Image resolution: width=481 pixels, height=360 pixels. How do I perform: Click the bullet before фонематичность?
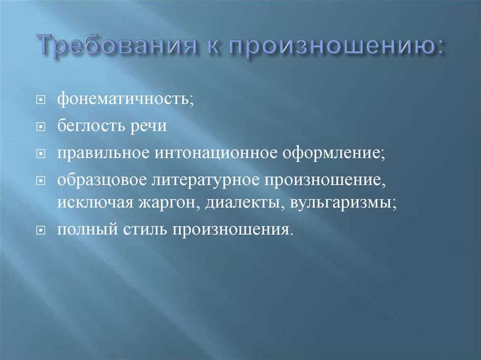click(x=41, y=100)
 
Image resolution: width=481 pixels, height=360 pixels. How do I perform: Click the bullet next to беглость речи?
click(x=41, y=127)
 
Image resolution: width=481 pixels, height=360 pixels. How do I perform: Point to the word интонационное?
click(x=216, y=153)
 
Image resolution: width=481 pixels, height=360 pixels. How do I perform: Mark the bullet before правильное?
click(x=41, y=153)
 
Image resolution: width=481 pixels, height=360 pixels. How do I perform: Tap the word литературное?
click(x=206, y=181)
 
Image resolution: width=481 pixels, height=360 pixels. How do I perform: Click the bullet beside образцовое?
click(x=41, y=181)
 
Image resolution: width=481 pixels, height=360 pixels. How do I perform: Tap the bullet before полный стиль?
click(x=41, y=230)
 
